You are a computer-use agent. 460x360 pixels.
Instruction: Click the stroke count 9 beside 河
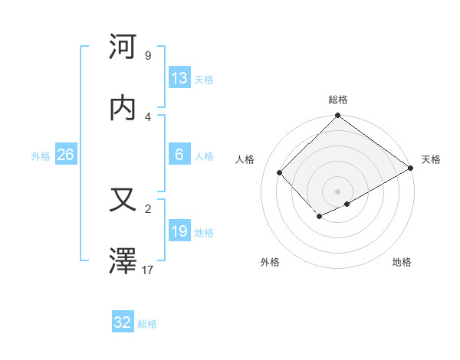147,55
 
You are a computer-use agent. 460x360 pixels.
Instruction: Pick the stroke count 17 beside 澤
147,270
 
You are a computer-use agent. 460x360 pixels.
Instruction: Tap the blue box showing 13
179,78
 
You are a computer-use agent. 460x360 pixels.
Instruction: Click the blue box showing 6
179,155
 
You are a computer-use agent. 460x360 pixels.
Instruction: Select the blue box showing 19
179,231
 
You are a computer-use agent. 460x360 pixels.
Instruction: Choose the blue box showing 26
66,155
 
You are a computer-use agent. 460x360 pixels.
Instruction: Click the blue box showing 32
123,322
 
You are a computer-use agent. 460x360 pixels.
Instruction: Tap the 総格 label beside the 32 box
147,324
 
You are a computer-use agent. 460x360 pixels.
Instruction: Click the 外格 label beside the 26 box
41,155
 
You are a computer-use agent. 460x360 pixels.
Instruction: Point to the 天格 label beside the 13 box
203,79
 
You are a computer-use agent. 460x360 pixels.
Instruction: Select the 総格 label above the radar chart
338,100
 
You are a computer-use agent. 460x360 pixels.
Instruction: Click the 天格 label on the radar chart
431,159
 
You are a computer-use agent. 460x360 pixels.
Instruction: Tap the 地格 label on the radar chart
402,262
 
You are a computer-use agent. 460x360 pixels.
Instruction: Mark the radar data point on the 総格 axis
338,116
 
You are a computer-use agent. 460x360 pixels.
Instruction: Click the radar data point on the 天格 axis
412,168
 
